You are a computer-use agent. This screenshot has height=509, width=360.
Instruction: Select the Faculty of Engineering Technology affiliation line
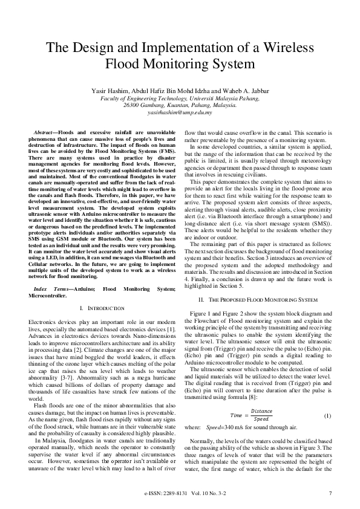click(x=180, y=98)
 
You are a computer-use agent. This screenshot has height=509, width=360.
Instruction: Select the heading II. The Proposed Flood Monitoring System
click(x=257, y=299)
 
